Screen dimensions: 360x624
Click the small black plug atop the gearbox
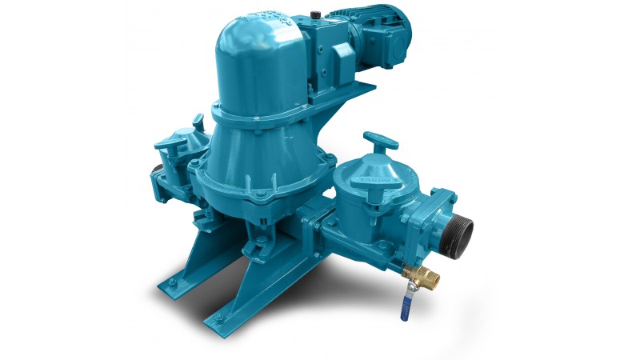click(x=315, y=14)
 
